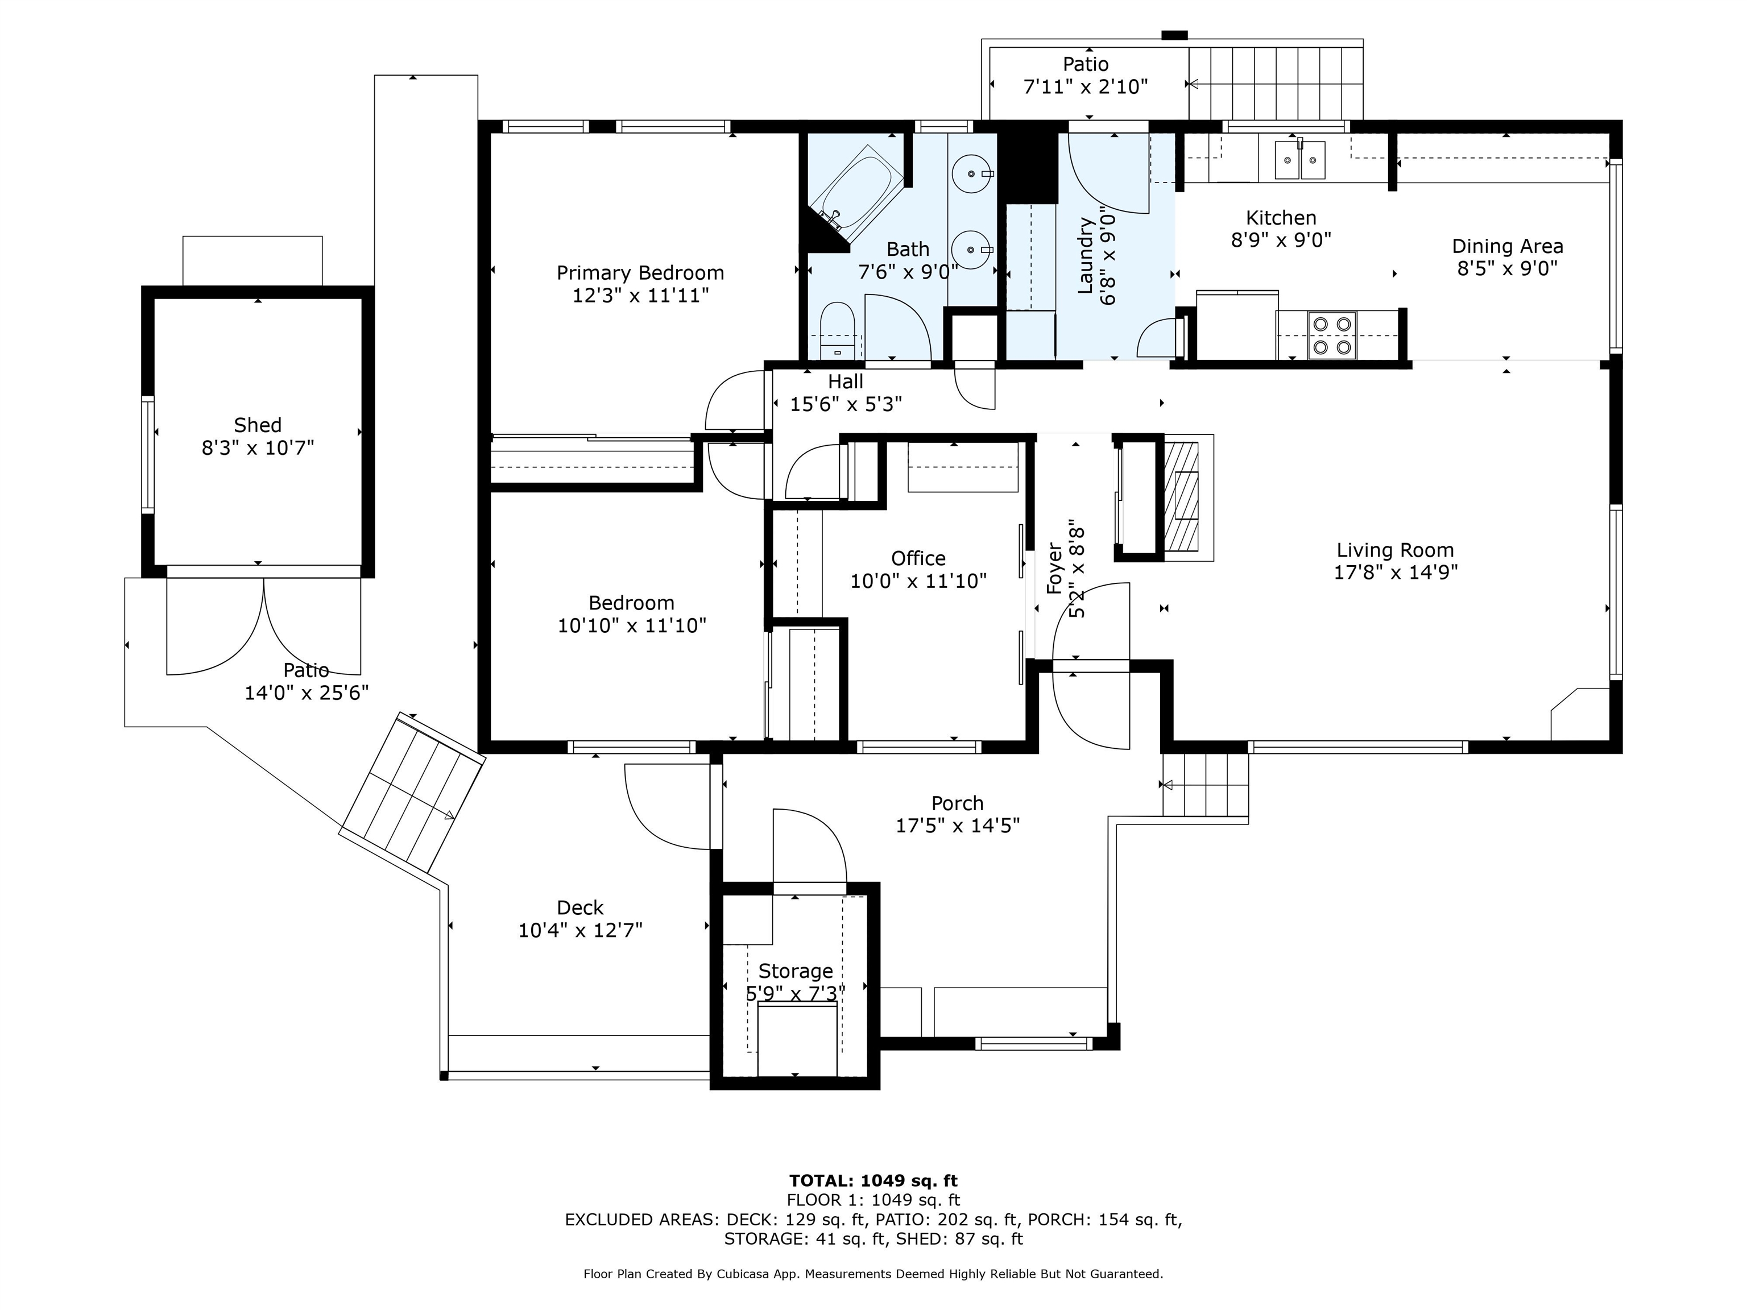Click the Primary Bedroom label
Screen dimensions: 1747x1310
[640, 273]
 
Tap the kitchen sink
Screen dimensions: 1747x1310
[1299, 160]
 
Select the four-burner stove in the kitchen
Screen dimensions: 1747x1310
[1331, 335]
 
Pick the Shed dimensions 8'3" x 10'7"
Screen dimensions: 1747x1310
[258, 447]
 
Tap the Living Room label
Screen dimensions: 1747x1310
[1395, 550]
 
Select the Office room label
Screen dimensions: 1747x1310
[918, 558]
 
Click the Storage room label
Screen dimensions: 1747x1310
[796, 971]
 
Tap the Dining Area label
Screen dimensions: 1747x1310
[1507, 246]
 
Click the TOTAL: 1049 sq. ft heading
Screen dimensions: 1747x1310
[873, 1180]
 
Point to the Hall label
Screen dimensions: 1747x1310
[845, 382]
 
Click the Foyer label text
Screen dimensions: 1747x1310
[1054, 568]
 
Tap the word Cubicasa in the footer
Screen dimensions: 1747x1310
[748, 1274]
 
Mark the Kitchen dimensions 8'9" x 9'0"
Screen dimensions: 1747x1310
[1281, 239]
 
